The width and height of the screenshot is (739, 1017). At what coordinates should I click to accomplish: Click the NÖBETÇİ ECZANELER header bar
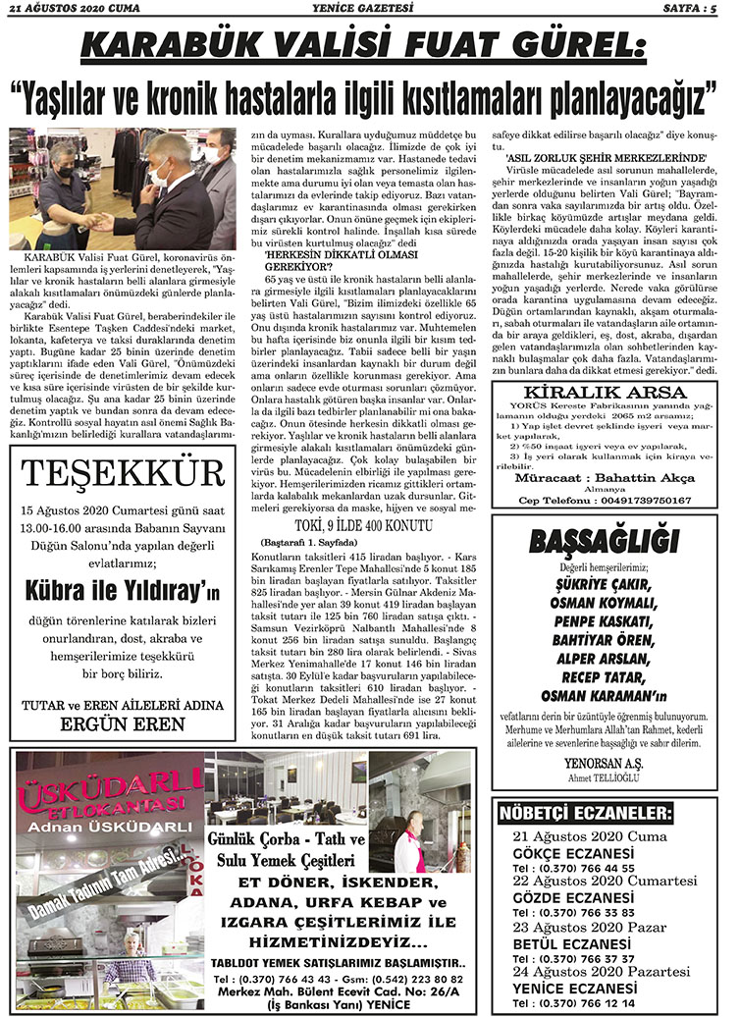[586, 815]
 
